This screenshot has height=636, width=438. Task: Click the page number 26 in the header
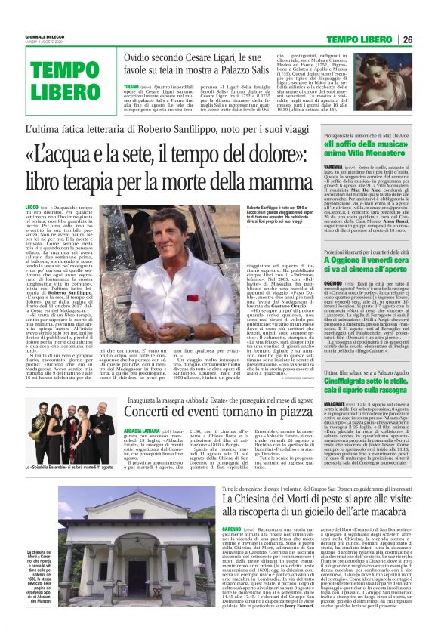pyautogui.click(x=428, y=39)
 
